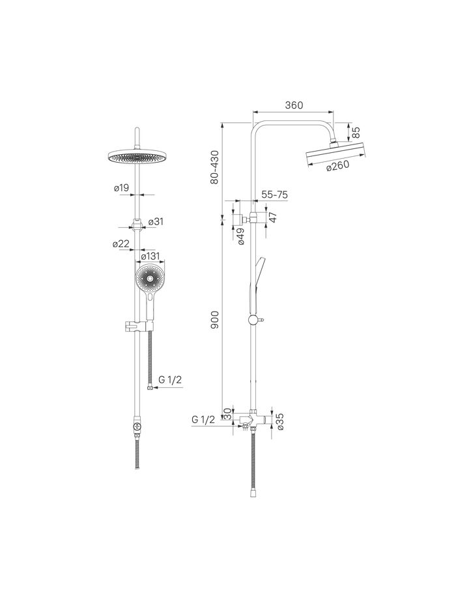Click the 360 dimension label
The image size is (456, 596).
[294, 105]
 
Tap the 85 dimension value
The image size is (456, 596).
[356, 132]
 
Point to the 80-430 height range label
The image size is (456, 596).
[215, 168]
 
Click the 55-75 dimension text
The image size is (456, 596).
[274, 195]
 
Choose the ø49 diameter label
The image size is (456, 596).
[241, 236]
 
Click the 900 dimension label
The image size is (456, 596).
[215, 320]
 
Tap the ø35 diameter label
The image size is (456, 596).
[281, 422]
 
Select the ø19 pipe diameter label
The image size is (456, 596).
[121, 187]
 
